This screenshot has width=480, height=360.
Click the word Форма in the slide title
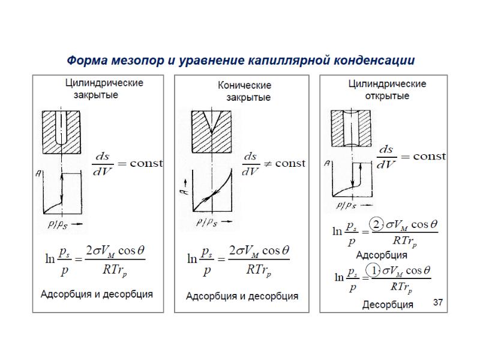point(83,61)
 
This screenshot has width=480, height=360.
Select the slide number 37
point(437,303)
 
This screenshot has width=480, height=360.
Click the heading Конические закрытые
point(244,91)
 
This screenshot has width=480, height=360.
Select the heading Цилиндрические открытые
point(387,89)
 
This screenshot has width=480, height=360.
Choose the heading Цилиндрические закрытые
point(104,88)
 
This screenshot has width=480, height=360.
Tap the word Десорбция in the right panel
point(387,305)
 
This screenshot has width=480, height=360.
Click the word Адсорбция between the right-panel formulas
point(382,255)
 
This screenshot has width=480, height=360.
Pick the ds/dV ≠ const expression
point(273,164)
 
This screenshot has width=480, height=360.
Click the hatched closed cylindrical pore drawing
point(62,130)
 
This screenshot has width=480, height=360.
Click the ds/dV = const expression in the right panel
point(411,157)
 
